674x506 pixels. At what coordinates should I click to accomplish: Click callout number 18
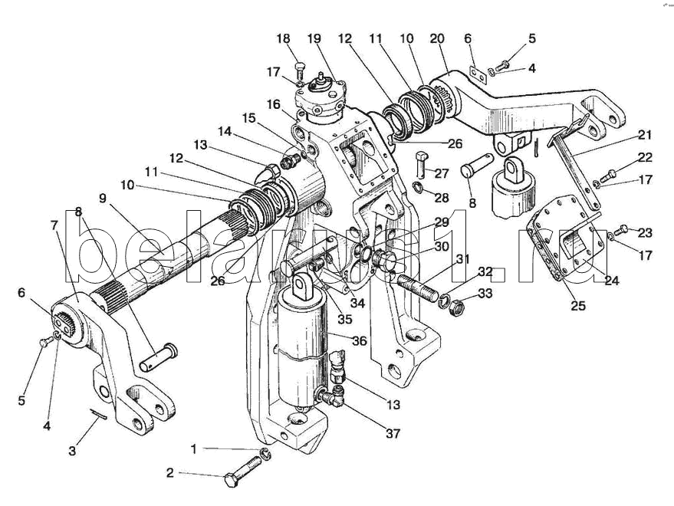click(284, 38)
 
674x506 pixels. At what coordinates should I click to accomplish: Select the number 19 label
click(314, 38)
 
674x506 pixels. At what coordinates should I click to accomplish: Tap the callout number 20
click(437, 38)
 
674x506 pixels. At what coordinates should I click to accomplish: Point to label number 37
click(393, 433)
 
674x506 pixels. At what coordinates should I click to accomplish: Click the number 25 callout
click(577, 306)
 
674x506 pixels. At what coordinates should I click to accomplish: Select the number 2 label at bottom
click(171, 473)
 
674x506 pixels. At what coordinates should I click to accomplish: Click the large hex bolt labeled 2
click(245, 472)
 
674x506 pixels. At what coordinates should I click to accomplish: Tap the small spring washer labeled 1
click(265, 454)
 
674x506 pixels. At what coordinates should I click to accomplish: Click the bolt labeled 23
click(623, 228)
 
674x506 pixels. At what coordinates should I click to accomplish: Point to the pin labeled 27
click(422, 163)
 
